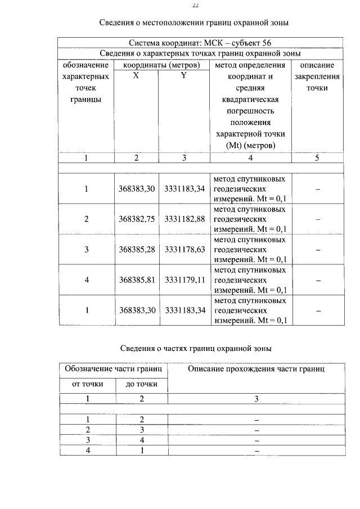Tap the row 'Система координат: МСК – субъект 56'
[x=200, y=43]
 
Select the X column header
[x=136, y=76]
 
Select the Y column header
[x=183, y=76]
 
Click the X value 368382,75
[x=137, y=219]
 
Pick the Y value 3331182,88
[x=184, y=219]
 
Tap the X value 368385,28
[x=137, y=249]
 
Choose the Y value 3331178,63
[x=184, y=249]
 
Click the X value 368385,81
[x=137, y=280]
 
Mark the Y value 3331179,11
[x=184, y=280]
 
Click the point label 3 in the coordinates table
[x=87, y=249]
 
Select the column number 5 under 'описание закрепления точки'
[x=317, y=158]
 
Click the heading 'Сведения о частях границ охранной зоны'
[x=196, y=349]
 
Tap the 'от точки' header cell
[x=87, y=385]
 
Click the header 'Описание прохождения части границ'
[x=256, y=369]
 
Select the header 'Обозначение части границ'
[x=114, y=369]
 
